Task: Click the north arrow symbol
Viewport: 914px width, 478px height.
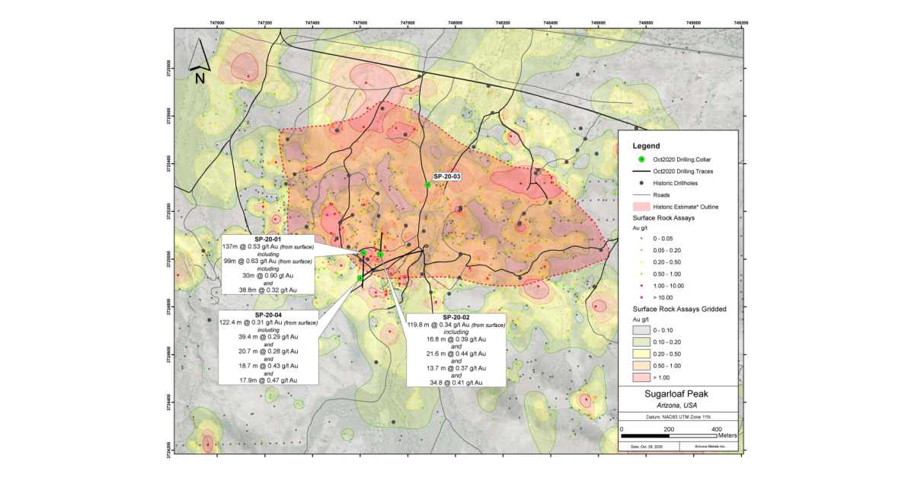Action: pyautogui.click(x=199, y=61)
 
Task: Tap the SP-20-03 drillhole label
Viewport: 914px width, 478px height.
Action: pyautogui.click(x=447, y=177)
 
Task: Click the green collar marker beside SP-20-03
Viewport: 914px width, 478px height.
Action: pyautogui.click(x=428, y=184)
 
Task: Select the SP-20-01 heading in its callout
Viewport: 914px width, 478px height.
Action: pyautogui.click(x=268, y=239)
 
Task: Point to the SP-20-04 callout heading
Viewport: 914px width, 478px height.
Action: pyautogui.click(x=268, y=315)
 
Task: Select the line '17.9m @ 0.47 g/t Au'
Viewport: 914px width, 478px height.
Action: pyautogui.click(x=268, y=380)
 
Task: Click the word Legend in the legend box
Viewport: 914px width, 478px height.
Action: pyautogui.click(x=645, y=145)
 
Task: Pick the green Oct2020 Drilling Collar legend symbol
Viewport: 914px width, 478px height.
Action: pyautogui.click(x=641, y=159)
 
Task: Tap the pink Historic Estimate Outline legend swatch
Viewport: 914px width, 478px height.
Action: pyautogui.click(x=641, y=207)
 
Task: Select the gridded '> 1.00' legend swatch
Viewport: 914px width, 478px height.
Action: pyautogui.click(x=641, y=377)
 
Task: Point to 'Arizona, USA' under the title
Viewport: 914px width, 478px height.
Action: pyautogui.click(x=677, y=406)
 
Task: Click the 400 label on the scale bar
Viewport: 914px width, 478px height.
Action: pyautogui.click(x=716, y=430)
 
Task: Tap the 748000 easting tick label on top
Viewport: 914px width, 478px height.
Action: pyautogui.click(x=455, y=23)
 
